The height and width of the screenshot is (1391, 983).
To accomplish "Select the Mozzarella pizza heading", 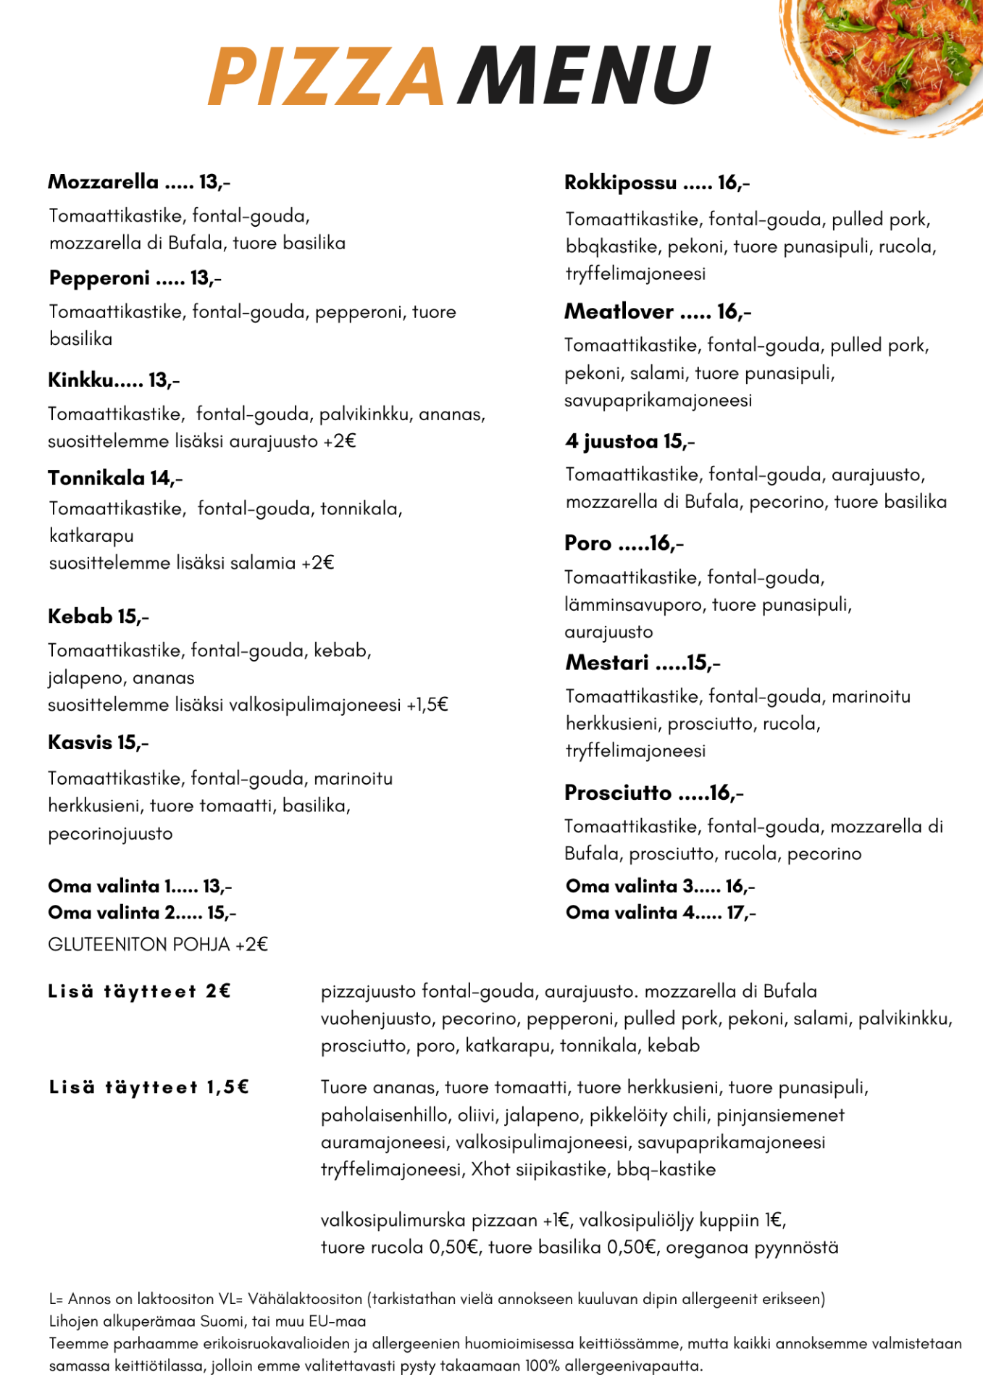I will (x=139, y=182).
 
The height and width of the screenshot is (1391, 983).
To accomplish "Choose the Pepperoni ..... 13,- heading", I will (x=135, y=278).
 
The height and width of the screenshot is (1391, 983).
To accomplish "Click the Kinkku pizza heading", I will (x=114, y=380).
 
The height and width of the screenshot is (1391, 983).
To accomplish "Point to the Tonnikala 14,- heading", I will (x=115, y=478).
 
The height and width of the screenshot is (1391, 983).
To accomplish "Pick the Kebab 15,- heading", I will (x=99, y=617).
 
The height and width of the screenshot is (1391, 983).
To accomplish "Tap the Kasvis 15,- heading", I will (x=99, y=743).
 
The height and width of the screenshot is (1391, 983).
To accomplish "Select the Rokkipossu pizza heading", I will (x=657, y=183).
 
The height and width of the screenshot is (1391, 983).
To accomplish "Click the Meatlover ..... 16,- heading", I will (x=658, y=312).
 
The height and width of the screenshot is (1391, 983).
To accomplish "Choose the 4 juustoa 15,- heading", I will (x=630, y=441).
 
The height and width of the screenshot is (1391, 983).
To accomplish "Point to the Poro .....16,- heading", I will (x=624, y=543).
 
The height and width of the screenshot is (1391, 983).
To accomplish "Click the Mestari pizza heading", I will (x=643, y=663).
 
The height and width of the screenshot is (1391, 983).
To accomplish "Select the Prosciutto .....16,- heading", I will (x=654, y=793).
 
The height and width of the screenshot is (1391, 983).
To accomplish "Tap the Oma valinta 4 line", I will (x=661, y=913).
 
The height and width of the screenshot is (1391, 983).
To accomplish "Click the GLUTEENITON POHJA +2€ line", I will (x=158, y=945).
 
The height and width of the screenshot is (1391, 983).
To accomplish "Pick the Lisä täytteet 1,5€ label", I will (x=149, y=1087).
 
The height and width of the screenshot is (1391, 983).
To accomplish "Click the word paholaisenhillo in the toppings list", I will (x=385, y=1115).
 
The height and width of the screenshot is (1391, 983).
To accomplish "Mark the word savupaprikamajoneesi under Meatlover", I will (x=658, y=401).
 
